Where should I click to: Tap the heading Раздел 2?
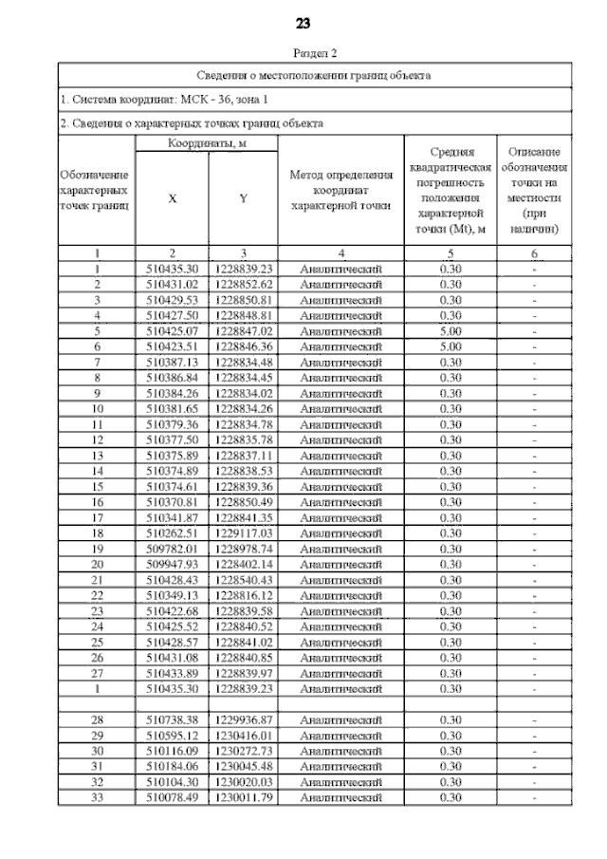point(303,54)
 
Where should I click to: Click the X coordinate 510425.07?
point(172,330)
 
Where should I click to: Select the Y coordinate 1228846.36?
point(244,346)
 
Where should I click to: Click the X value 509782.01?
point(172,549)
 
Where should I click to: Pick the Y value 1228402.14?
point(244,564)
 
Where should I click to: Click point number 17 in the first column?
point(97,517)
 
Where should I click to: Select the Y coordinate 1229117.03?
point(244,532)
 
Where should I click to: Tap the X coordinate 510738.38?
point(172,720)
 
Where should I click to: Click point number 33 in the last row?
point(97,798)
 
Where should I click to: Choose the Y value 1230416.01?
point(244,736)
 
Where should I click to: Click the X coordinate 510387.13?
point(172,362)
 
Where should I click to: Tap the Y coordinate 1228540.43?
point(244,580)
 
